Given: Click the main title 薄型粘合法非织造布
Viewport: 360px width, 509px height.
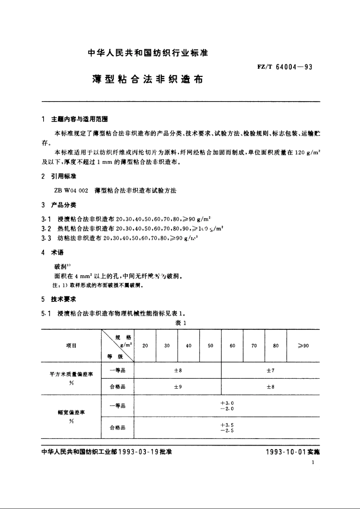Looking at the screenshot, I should [x=148, y=80].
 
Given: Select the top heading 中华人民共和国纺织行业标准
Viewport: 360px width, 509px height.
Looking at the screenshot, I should [x=148, y=53].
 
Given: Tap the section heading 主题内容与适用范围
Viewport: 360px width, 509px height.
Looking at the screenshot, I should [x=80, y=119].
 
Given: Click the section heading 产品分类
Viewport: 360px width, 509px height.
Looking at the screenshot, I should [x=64, y=205].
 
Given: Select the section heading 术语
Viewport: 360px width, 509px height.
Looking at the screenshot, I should [x=58, y=253].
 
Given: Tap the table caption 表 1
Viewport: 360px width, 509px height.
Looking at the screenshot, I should [x=180, y=323].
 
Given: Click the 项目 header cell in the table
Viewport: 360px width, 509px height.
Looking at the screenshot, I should [x=71, y=345].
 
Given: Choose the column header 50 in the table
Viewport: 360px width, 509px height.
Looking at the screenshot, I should [x=211, y=346].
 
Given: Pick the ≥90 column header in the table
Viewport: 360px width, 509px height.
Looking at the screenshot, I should [x=303, y=346].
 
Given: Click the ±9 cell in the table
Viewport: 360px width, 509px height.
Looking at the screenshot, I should [x=178, y=387].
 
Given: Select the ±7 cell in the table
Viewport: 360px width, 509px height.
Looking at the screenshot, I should [x=270, y=370].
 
